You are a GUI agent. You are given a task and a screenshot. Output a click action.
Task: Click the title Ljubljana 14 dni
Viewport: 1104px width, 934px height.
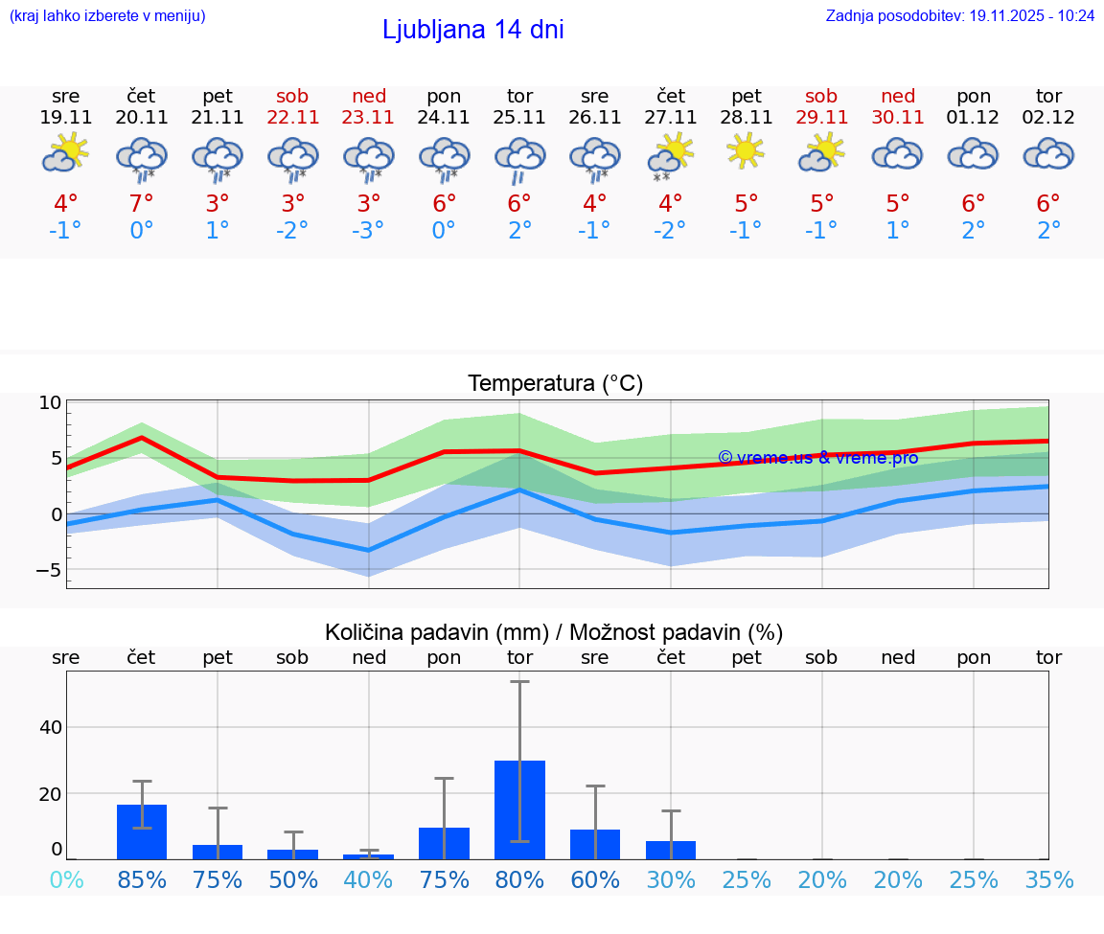tap(472, 30)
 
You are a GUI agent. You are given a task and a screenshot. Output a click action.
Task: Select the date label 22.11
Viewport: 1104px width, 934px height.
tap(293, 118)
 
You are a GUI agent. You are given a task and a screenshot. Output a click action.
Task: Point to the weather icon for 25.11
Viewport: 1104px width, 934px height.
tap(519, 158)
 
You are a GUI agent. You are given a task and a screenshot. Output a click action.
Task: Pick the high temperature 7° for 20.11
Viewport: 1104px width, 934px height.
tap(142, 204)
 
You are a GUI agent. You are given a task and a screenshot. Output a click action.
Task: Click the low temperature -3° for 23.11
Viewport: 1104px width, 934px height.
tap(369, 231)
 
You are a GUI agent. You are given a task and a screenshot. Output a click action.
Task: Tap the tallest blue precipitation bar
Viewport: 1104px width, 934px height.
tap(519, 809)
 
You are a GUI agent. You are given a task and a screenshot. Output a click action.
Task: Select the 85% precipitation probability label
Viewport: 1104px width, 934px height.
tap(142, 880)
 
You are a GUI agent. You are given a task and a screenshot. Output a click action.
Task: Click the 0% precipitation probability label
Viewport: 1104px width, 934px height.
tap(66, 880)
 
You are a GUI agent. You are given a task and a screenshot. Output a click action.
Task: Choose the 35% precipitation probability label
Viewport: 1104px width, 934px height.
tap(1048, 880)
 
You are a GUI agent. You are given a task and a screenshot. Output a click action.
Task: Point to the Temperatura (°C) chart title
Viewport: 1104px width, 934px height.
tap(555, 384)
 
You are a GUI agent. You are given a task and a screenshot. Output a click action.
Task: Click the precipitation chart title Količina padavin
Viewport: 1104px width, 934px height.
tap(554, 632)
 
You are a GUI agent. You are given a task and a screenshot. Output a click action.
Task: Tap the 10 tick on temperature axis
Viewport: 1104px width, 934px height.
tap(51, 403)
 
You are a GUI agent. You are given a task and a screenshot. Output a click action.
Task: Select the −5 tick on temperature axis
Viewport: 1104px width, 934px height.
tap(47, 570)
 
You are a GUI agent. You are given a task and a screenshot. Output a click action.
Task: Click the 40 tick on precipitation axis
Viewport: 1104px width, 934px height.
tap(51, 727)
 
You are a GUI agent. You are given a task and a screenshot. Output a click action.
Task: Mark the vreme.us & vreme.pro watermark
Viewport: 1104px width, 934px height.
tap(817, 458)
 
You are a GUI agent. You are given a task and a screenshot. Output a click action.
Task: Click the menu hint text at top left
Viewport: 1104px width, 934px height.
tap(106, 15)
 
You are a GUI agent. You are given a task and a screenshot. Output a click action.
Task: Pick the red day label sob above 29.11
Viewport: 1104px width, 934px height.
tap(821, 96)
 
